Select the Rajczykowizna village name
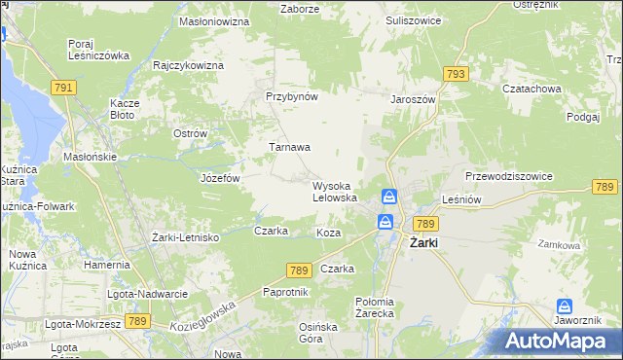[188, 65]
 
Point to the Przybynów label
[292, 97]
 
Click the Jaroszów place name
[413, 99]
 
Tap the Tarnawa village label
[289, 148]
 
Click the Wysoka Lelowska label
[335, 192]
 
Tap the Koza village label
[328, 234]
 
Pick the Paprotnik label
[286, 292]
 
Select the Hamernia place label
[107, 265]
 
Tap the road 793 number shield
[455, 74]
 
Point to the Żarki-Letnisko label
[186, 237]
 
